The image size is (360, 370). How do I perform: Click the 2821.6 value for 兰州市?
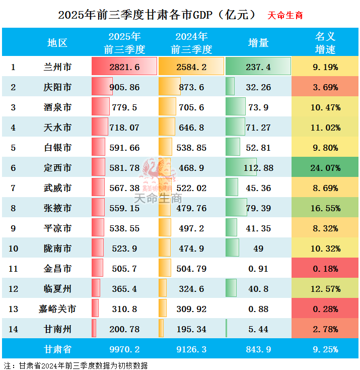[124, 67]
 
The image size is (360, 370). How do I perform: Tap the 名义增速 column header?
[325, 43]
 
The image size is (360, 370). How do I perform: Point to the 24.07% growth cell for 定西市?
[325, 168]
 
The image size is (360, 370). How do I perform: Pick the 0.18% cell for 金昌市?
[325, 269]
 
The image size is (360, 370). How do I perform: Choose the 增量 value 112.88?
[259, 168]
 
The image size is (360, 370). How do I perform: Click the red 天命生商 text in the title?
[285, 15]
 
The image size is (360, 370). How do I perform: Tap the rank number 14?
[14, 329]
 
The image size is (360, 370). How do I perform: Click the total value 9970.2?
[124, 349]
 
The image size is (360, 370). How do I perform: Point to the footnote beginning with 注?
[76, 365]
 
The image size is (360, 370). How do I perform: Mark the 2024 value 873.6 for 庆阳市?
[191, 87]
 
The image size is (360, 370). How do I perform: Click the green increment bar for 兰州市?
[258, 67]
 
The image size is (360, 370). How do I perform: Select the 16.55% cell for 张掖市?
[325, 208]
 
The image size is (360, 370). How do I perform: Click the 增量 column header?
[259, 43]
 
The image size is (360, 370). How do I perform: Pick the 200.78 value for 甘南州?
[124, 329]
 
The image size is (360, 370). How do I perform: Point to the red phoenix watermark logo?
[159, 174]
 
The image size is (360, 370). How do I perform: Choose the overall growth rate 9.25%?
[325, 349]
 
